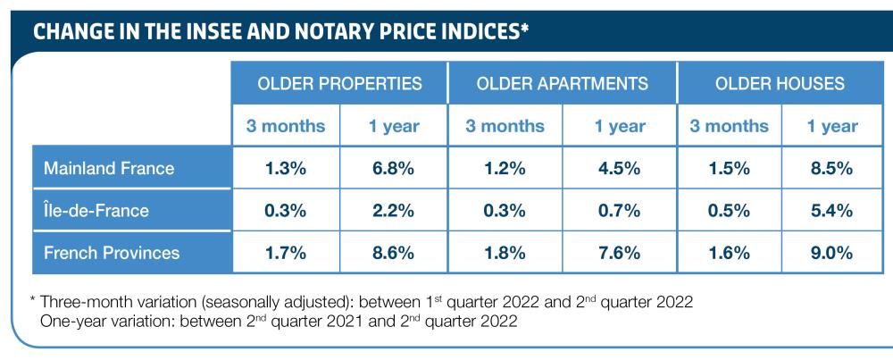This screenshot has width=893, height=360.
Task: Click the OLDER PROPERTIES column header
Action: pyautogui.click(x=339, y=84)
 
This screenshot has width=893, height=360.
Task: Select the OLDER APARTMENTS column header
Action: pyautogui.click(x=563, y=84)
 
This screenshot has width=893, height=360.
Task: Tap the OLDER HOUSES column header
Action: pyautogui.click(x=780, y=84)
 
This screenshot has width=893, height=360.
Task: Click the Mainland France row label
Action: pyautogui.click(x=110, y=168)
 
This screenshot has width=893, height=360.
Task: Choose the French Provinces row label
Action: pyautogui.click(x=112, y=253)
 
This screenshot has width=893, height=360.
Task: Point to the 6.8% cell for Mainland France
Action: pyautogui.click(x=394, y=168)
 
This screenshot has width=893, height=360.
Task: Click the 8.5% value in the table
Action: pyautogui.click(x=830, y=168)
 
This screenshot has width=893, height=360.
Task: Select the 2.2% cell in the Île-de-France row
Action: pyautogui.click(x=394, y=211)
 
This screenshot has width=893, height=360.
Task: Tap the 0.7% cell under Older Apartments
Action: pyautogui.click(x=620, y=211)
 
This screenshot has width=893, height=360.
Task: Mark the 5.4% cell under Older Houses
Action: pyautogui.click(x=830, y=211)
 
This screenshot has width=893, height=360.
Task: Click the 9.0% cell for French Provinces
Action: pyautogui.click(x=830, y=253)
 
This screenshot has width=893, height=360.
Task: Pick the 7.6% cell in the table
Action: pyautogui.click(x=620, y=253)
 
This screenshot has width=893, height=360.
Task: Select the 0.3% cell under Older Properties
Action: pyautogui.click(x=286, y=211)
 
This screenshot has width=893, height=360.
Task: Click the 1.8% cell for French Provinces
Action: pyautogui.click(x=505, y=253)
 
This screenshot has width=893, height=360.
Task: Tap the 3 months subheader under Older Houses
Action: pyautogui.click(x=729, y=126)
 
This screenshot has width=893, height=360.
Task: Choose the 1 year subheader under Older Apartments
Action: pyautogui.click(x=620, y=126)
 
